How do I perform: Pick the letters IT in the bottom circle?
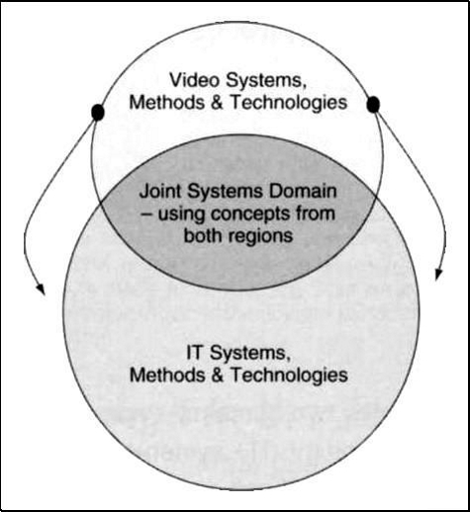(194, 353)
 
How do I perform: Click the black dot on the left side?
(98, 112)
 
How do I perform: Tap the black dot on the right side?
(373, 104)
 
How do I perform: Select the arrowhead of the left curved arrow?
(41, 289)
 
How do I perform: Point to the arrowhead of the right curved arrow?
(438, 274)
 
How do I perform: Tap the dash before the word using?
(145, 214)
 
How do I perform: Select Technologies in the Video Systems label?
(289, 103)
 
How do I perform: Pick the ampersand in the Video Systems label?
(217, 103)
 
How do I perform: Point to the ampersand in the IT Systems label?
(217, 375)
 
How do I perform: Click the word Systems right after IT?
(248, 354)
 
